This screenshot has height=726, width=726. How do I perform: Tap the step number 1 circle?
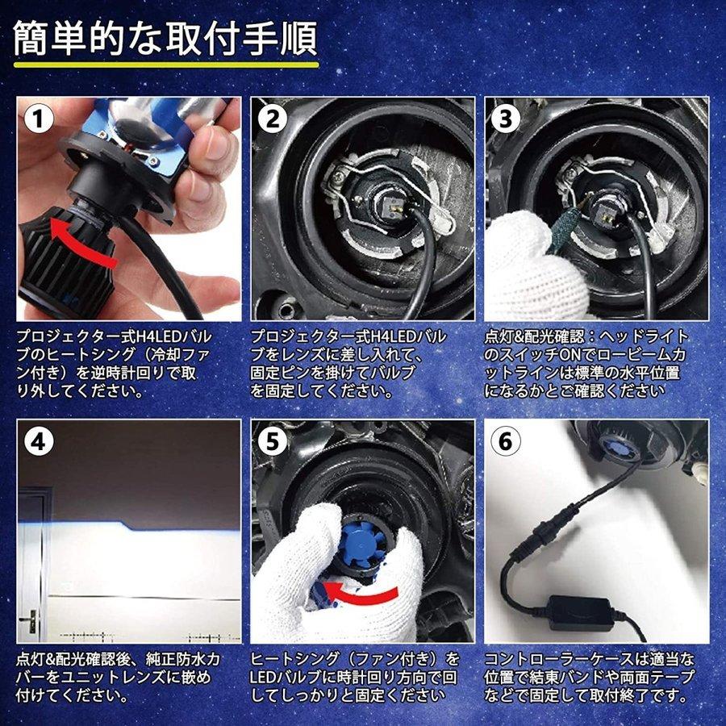(38, 119)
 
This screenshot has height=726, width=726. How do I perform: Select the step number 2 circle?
(272, 119)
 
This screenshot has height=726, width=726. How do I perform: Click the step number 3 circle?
(506, 119)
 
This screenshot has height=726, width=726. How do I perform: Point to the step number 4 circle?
(38, 441)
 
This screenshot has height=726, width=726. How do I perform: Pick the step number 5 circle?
(272, 441)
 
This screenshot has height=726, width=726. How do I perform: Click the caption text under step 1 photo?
(113, 363)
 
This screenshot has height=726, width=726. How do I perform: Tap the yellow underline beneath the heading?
(165, 64)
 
